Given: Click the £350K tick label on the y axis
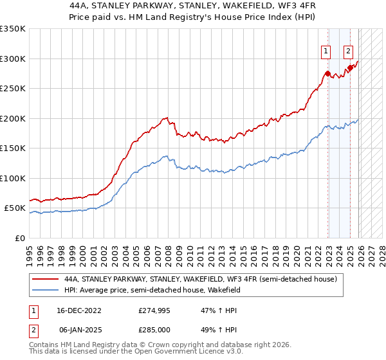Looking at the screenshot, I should coord(13,29).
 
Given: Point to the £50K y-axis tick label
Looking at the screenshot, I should coord(15,208).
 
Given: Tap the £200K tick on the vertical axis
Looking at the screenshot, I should coord(13,118).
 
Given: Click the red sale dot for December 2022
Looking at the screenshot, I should coord(328,73).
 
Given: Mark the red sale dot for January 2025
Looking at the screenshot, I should coord(350,67).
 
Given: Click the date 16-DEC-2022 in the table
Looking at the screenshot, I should coord(79,310).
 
